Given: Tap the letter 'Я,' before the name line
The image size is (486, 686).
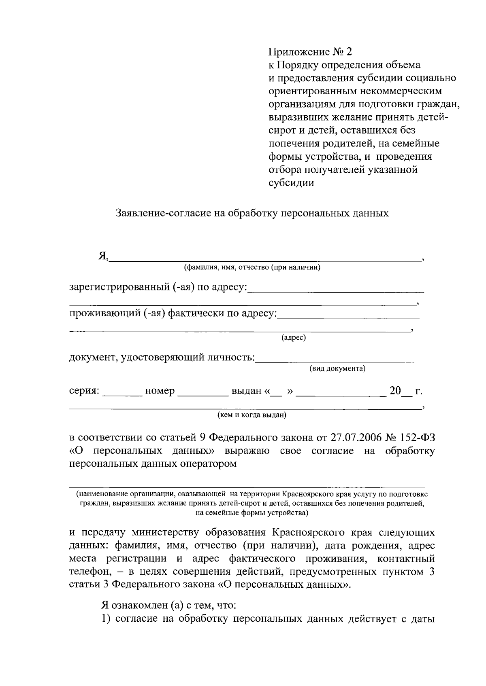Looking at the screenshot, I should [103, 256].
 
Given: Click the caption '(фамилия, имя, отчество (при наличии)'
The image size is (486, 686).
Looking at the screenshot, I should [252, 268].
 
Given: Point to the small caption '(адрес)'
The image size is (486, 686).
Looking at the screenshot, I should [294, 338].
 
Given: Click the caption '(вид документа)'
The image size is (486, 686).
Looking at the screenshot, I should [337, 369].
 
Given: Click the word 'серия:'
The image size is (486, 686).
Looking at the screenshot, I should [84, 391].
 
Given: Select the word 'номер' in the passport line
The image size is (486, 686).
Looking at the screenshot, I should [160, 391].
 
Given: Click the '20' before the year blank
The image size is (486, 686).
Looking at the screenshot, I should [394, 391].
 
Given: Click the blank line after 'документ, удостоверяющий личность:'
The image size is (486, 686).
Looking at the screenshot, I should [335, 359].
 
